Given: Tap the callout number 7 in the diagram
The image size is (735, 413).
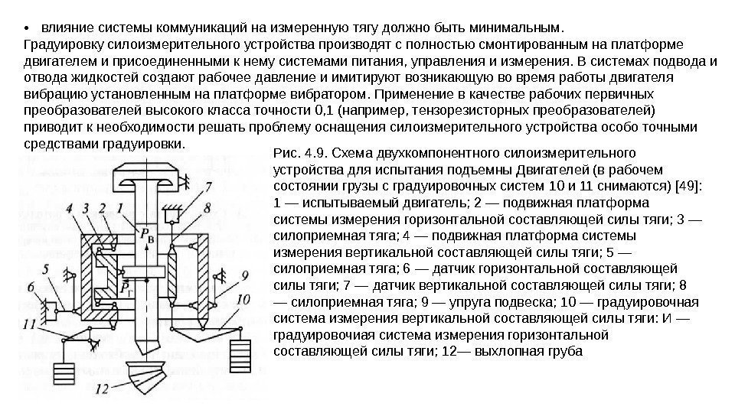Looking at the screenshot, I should [x=209, y=187].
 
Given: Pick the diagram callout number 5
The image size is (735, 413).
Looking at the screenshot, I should [x=49, y=268].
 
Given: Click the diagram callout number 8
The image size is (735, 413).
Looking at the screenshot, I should [x=209, y=206].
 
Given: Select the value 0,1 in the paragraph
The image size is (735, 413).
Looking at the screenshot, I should [x=324, y=110].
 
